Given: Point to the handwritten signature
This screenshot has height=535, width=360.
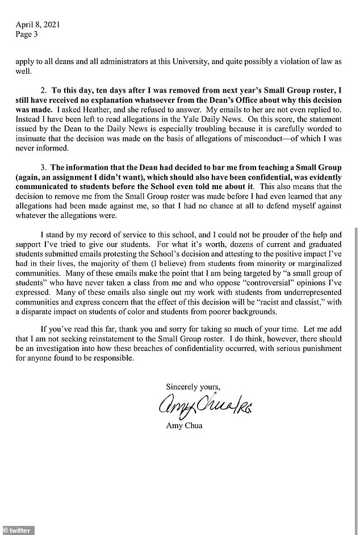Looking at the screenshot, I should [203, 406].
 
